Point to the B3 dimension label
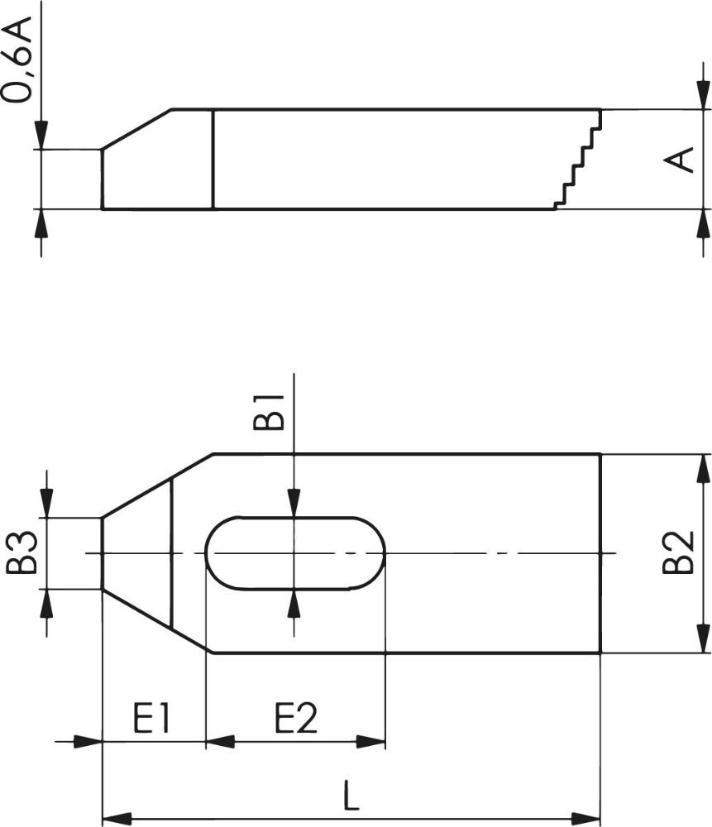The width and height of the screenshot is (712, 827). (x=22, y=552)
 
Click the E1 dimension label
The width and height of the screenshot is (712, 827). (x=151, y=718)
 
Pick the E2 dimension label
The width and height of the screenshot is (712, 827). (x=296, y=718)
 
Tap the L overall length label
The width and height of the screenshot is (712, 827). (x=351, y=796)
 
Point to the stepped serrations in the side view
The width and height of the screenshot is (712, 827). (x=577, y=158)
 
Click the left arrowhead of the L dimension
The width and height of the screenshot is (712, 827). (x=117, y=819)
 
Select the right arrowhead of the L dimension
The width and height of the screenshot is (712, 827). (x=586, y=819)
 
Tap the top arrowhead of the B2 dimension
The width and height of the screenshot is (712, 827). (x=703, y=468)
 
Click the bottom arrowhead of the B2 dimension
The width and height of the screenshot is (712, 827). (x=703, y=638)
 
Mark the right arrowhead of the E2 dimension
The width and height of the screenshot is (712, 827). (x=370, y=742)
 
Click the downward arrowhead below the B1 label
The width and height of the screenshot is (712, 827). (x=294, y=503)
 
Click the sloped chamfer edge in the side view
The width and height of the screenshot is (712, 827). (x=136, y=130)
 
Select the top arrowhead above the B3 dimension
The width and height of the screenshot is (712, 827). (x=46, y=504)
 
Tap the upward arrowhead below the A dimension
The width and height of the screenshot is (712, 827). (x=703, y=223)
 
